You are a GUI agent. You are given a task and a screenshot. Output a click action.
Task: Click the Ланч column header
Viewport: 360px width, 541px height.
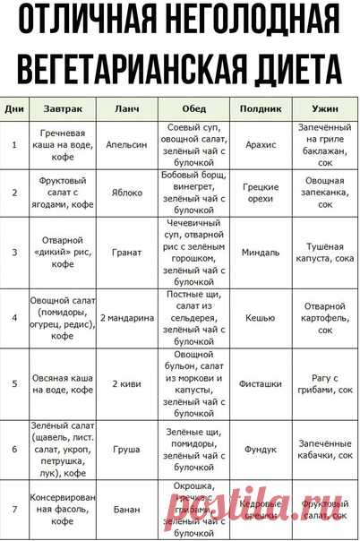(x=127, y=107)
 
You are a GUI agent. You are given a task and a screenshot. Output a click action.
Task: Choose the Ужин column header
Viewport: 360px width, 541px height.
(x=325, y=107)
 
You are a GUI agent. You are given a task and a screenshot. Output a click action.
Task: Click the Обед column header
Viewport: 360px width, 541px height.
(x=193, y=107)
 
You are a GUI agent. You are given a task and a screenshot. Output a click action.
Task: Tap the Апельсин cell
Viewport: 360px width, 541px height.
(x=127, y=143)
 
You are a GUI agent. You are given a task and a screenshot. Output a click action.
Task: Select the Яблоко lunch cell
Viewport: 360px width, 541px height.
(x=127, y=192)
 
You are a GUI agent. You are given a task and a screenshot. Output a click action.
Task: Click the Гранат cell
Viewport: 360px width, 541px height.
(x=127, y=252)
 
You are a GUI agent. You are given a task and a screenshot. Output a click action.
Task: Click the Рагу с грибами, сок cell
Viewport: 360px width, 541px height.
(x=325, y=383)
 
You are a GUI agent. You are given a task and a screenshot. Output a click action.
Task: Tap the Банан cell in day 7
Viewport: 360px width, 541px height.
(x=127, y=510)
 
